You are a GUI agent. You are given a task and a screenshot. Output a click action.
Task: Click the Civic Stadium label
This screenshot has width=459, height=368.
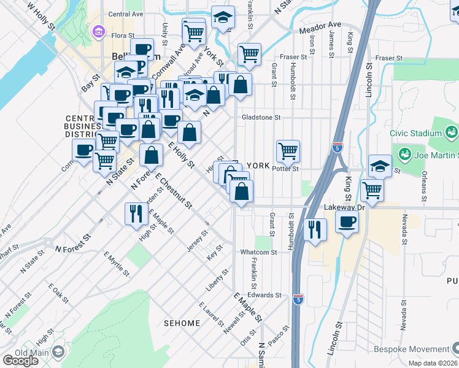415,132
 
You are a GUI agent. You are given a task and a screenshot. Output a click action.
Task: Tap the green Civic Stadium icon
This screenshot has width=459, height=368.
452,131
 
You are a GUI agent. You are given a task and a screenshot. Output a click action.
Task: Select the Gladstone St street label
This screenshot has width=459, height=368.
261,117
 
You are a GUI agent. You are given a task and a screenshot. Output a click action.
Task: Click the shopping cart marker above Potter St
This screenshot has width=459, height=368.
288,150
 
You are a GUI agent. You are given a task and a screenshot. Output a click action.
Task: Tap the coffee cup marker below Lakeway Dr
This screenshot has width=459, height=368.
347,222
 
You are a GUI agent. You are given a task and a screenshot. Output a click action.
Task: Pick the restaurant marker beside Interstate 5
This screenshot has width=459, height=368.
315,229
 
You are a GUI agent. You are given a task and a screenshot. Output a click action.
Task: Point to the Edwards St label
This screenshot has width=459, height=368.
264,295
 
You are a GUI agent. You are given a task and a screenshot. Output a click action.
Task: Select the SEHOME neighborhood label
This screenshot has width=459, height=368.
182,323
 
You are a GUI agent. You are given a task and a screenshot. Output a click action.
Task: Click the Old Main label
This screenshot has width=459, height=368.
28,352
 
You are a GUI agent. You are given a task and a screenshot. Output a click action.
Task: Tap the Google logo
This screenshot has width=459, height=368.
20,361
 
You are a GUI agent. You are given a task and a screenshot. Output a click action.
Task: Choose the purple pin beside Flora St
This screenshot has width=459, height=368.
97,31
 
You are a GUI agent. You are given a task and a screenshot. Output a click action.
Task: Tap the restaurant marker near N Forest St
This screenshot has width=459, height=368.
134,213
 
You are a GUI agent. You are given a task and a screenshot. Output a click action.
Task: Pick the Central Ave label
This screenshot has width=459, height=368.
125,13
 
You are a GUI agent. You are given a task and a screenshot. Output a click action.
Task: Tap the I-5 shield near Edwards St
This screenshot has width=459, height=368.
298,299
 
